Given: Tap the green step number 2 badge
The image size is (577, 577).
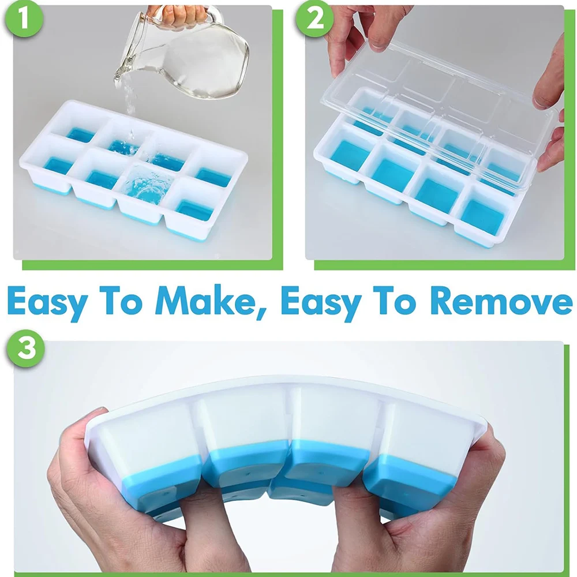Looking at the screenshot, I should (x=312, y=19).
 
